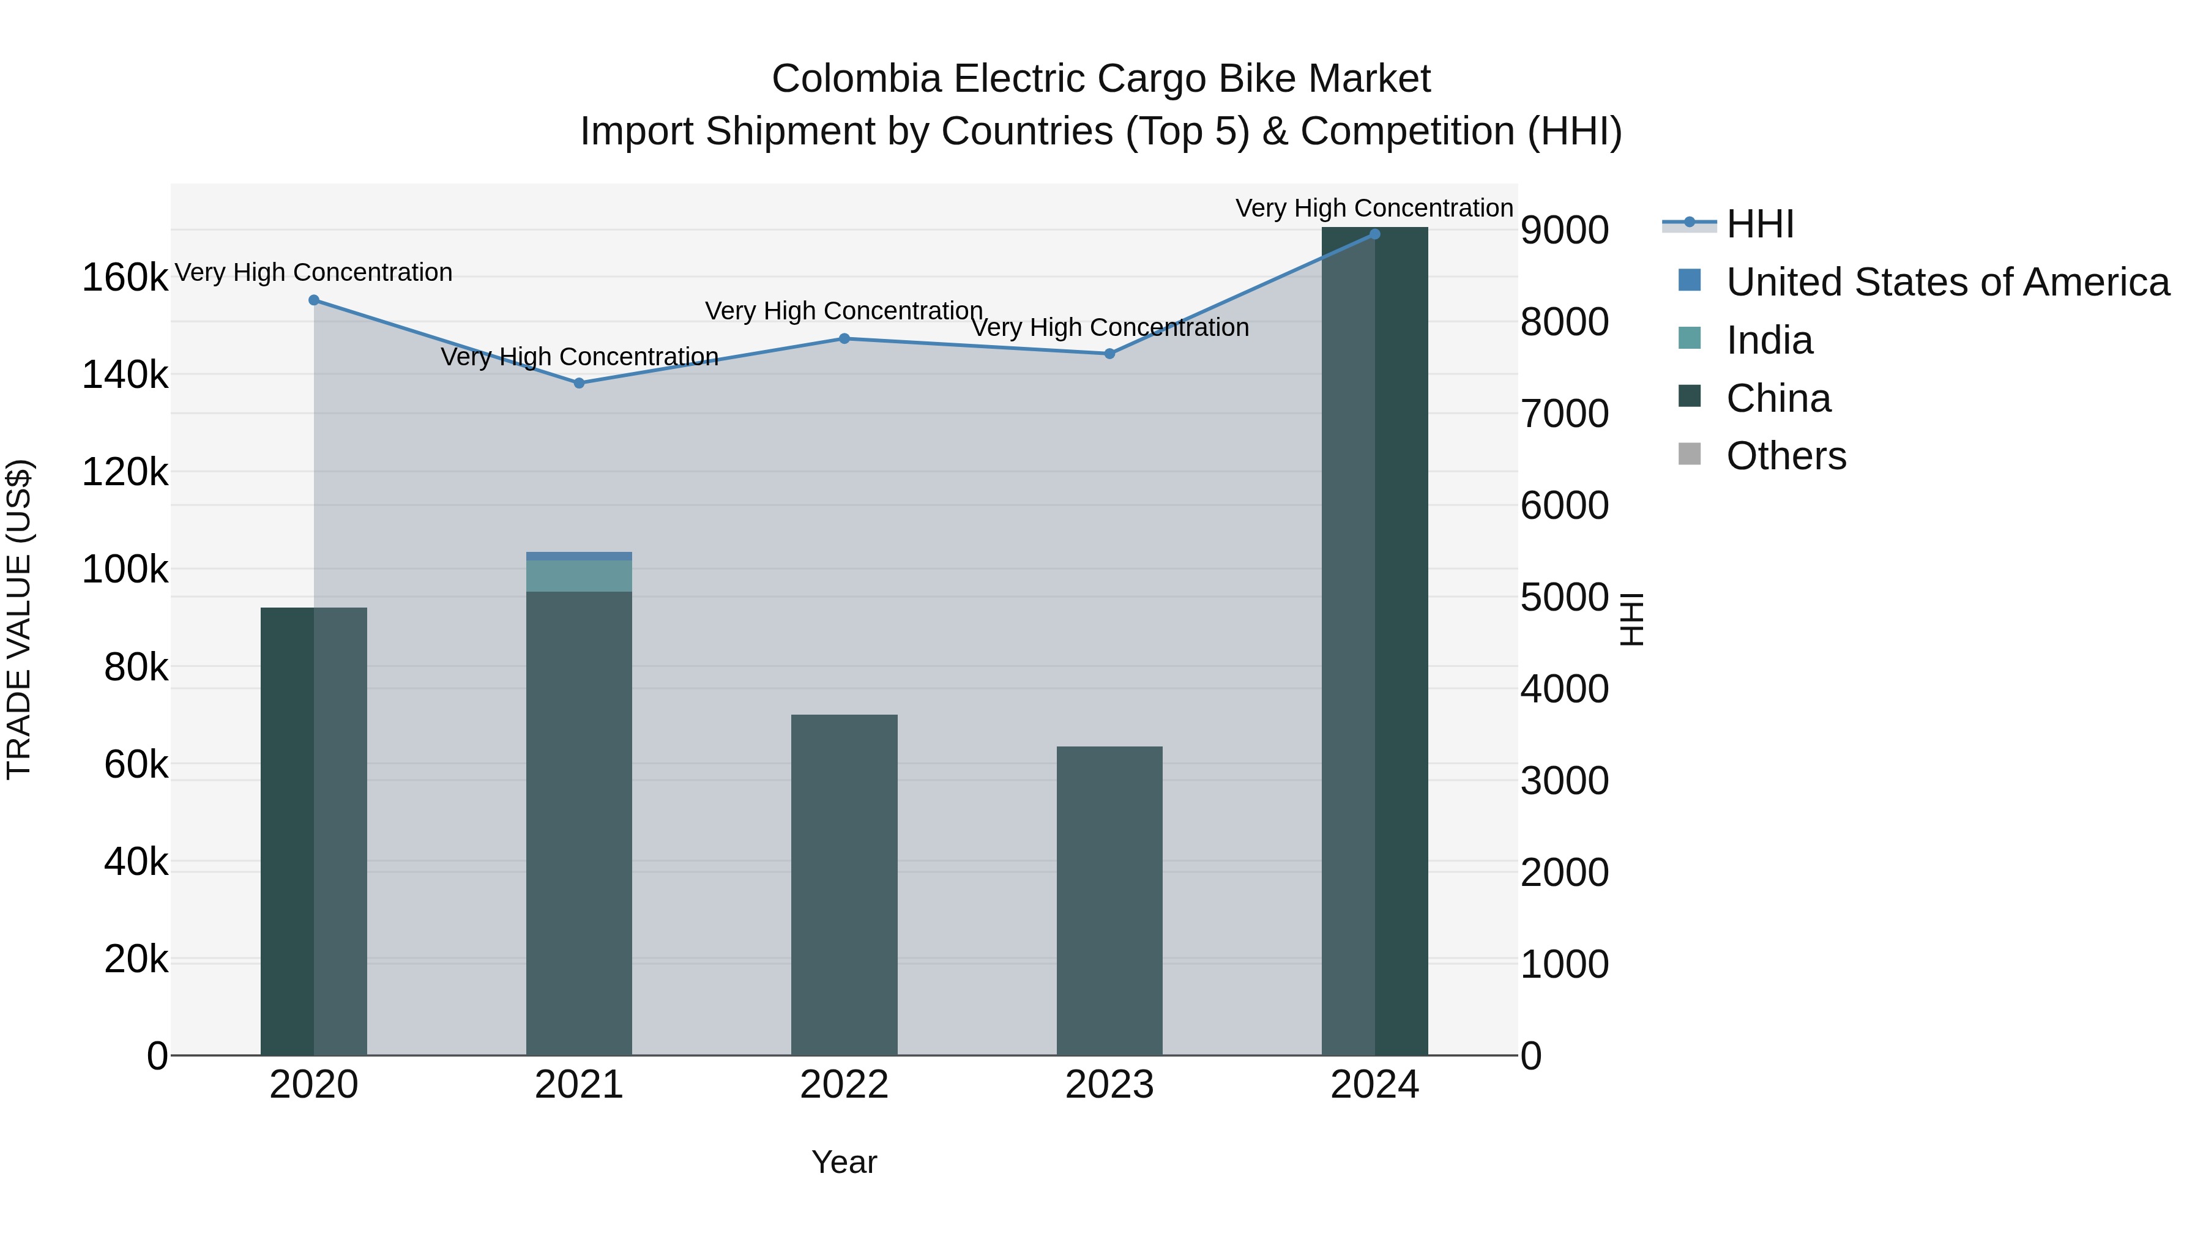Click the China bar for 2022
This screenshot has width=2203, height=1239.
point(843,885)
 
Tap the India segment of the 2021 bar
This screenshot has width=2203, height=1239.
point(579,576)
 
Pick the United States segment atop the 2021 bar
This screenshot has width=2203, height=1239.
point(579,556)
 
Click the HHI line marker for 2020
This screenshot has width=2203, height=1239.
point(314,300)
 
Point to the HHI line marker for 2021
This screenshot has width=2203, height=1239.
point(579,383)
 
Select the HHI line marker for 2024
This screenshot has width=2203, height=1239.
point(1374,234)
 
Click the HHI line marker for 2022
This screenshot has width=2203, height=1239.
point(844,338)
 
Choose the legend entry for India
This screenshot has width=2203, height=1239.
point(1768,340)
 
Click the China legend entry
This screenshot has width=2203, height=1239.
point(1777,398)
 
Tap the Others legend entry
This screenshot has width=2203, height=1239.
point(1785,456)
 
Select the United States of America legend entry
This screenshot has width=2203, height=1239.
point(1947,282)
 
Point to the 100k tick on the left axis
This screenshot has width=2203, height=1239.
point(125,570)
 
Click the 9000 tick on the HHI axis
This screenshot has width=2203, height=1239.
point(1564,230)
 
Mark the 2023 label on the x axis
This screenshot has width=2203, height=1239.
point(1109,1085)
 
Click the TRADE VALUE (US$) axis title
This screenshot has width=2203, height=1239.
point(19,619)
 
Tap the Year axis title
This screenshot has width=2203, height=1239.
point(843,1162)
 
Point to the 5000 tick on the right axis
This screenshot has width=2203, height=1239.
point(1564,598)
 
